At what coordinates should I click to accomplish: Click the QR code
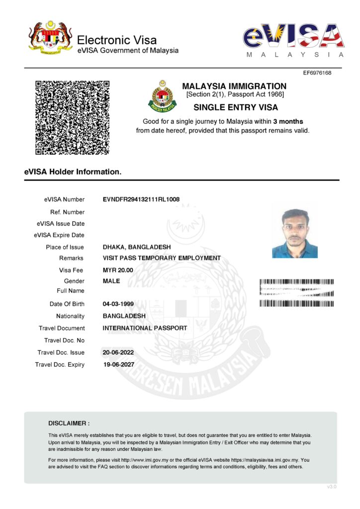click(x=72, y=117)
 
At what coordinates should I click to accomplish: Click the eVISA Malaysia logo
click(x=293, y=39)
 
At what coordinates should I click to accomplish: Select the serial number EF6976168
click(x=317, y=73)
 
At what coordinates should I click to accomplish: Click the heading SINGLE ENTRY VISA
click(x=235, y=107)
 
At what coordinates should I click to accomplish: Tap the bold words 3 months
click(x=288, y=121)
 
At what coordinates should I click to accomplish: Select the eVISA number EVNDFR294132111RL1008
click(x=141, y=199)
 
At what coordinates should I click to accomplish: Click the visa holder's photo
click(x=295, y=233)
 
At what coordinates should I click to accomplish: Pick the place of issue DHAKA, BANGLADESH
click(x=136, y=247)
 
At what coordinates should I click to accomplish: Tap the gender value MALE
click(x=111, y=281)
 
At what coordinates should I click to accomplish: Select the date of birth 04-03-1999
click(x=118, y=304)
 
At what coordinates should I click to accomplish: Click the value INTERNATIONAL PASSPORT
click(x=145, y=328)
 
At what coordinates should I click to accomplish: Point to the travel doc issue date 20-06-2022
click(x=118, y=352)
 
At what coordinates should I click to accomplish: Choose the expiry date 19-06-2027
click(x=118, y=364)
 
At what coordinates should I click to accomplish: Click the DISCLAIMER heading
click(x=69, y=424)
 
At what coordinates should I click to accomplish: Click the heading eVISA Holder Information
click(x=73, y=172)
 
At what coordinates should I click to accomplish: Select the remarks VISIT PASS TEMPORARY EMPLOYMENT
click(x=162, y=258)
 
